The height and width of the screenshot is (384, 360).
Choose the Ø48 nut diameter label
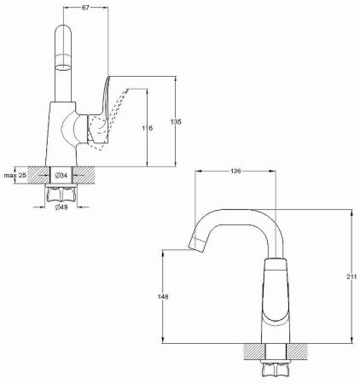(61, 207)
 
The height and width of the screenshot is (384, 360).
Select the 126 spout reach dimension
(236, 172)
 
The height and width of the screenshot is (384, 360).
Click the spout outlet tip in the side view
(193, 247)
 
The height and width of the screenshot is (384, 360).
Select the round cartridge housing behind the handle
(75, 130)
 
